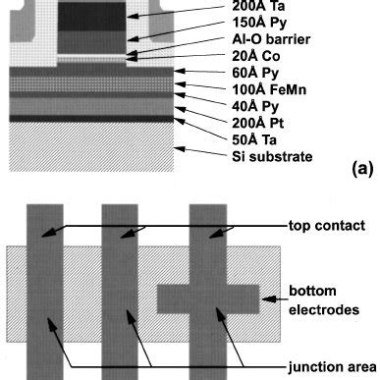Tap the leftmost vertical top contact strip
(45, 295)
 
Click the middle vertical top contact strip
(124, 295)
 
